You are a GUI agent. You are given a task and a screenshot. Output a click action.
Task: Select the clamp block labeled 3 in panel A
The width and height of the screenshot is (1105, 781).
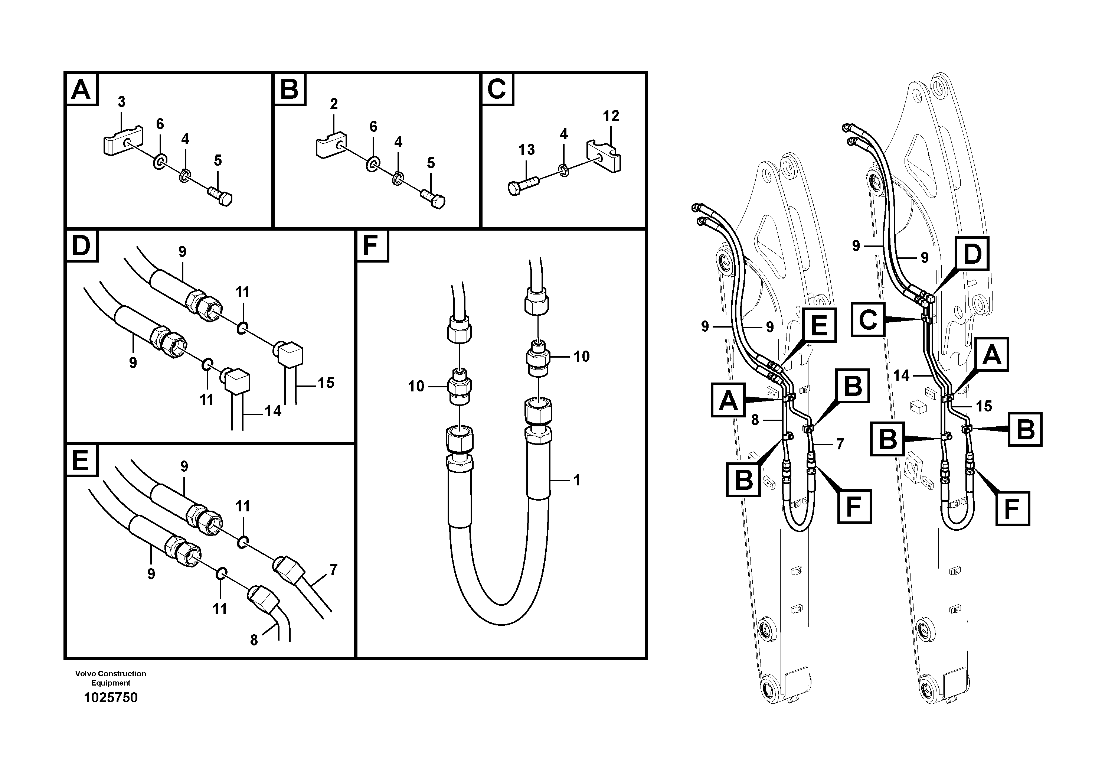pyautogui.click(x=121, y=140)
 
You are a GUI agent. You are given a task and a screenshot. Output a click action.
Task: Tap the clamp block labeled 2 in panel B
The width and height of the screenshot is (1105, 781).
pyautogui.click(x=331, y=143)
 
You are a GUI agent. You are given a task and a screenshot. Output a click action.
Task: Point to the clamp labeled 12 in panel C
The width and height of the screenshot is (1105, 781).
pyautogui.click(x=604, y=156)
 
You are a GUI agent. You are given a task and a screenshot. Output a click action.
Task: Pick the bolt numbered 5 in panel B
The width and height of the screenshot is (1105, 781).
pyautogui.click(x=433, y=198)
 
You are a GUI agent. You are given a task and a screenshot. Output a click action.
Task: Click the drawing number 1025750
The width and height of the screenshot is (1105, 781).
pyautogui.click(x=111, y=697)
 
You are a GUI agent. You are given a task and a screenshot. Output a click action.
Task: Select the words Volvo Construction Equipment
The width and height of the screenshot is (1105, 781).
pyautogui.click(x=111, y=678)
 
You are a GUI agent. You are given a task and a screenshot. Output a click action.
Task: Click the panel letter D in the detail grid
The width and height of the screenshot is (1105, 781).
pyautogui.click(x=81, y=245)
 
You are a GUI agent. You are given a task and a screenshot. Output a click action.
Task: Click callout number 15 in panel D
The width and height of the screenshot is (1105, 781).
pyautogui.click(x=326, y=383)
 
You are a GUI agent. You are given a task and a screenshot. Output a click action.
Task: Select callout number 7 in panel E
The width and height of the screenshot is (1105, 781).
pyautogui.click(x=334, y=570)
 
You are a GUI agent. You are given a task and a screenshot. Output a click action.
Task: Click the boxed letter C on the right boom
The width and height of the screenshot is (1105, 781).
pyautogui.click(x=868, y=319)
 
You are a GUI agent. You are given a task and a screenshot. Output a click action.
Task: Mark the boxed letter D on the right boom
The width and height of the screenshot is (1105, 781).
pyautogui.click(x=972, y=253)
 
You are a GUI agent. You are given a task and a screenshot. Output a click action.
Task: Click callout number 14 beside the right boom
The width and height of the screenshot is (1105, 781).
pyautogui.click(x=901, y=375)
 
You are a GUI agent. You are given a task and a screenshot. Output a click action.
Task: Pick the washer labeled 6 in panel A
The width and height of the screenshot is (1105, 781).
pyautogui.click(x=160, y=162)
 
